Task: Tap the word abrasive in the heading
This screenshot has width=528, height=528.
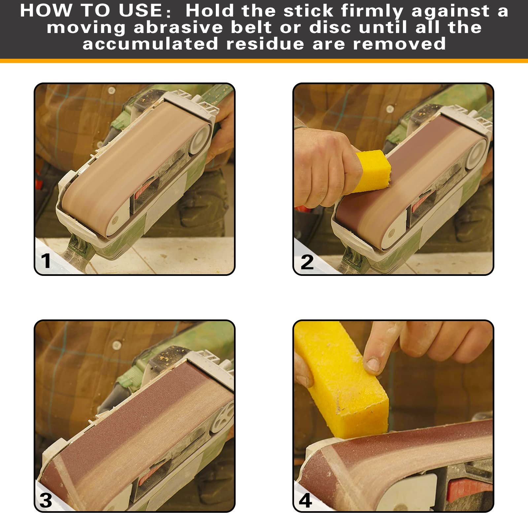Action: tap(179, 27)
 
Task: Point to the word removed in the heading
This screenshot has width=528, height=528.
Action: tap(400, 44)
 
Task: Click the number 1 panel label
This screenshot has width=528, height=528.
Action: tap(46, 261)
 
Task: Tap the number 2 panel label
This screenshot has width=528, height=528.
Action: tap(307, 262)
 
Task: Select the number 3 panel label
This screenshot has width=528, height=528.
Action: tap(46, 500)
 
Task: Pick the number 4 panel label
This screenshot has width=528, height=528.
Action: tap(305, 500)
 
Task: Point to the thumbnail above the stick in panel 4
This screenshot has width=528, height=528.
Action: tap(373, 364)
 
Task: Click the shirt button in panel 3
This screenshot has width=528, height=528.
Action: tap(116, 346)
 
